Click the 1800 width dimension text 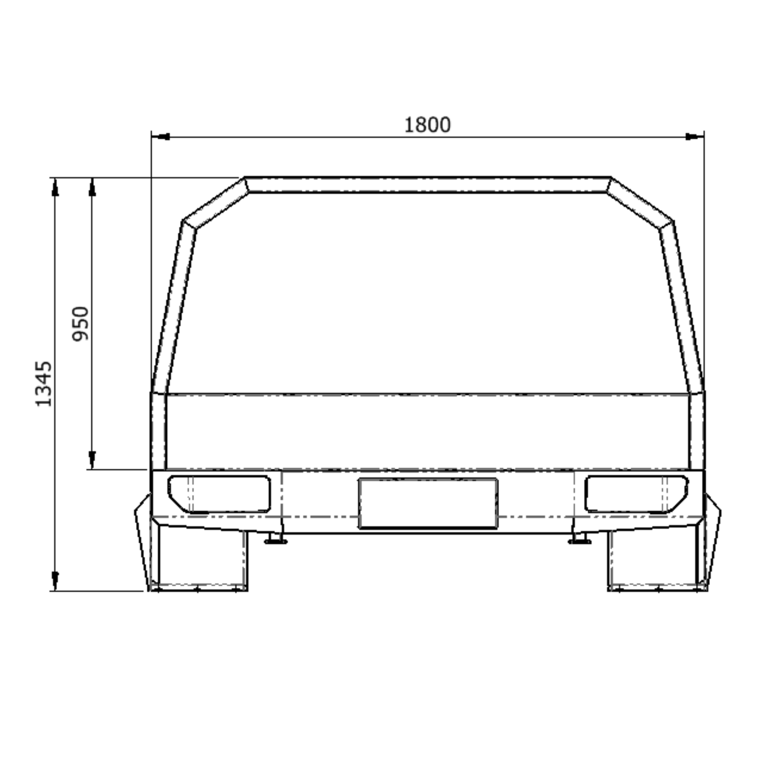(427, 125)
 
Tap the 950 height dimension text (81, 323)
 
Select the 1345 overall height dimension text (43, 383)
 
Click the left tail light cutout (219, 493)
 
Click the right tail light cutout (636, 493)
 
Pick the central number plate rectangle (427, 503)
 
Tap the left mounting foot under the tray (275, 540)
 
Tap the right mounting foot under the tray (579, 540)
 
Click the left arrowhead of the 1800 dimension (160, 137)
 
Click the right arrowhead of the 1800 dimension (695, 137)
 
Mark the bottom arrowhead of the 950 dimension (92, 459)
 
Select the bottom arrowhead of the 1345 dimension (55, 581)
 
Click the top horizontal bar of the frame (427, 185)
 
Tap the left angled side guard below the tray (143, 540)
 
